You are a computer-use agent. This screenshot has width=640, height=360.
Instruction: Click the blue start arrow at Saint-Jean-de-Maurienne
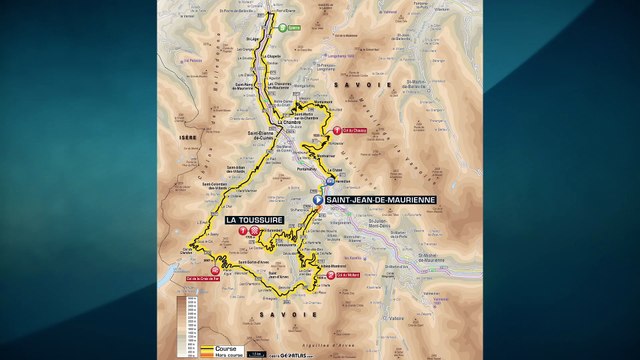pos(318,200)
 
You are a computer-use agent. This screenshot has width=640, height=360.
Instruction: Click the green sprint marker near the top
pos(284,28)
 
